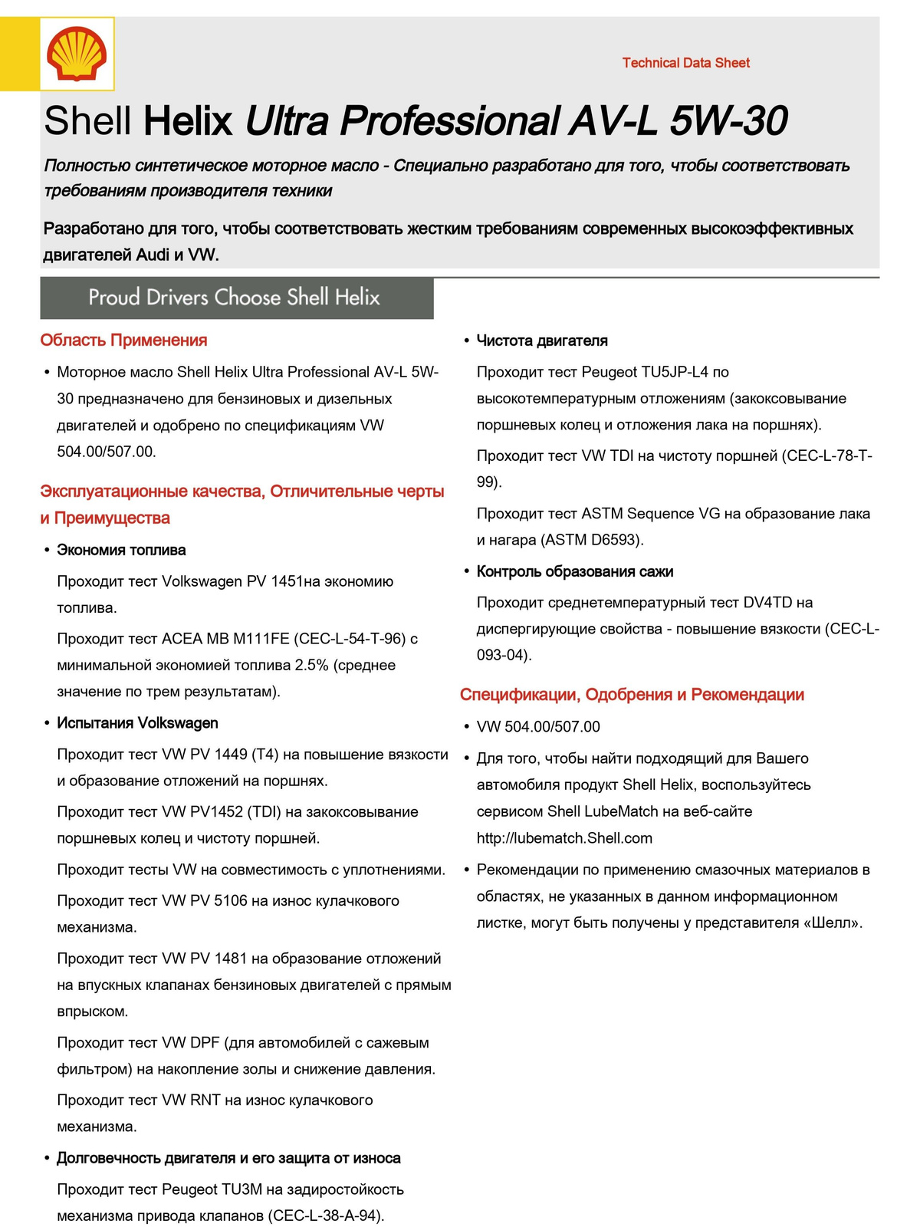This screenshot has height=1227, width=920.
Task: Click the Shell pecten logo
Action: click(77, 54)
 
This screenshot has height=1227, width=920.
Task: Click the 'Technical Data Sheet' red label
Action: click(685, 63)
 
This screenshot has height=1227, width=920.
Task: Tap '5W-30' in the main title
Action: click(728, 121)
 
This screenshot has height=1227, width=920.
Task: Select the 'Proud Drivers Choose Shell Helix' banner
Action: click(236, 298)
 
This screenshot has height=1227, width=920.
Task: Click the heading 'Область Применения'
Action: click(123, 340)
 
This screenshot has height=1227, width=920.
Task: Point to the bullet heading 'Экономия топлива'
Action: click(121, 550)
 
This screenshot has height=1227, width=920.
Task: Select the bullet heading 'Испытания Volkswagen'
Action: click(137, 723)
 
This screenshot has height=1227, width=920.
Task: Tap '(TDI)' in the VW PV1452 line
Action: click(258, 812)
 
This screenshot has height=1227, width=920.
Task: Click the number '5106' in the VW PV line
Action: click(231, 901)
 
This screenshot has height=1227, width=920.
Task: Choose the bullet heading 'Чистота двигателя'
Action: click(542, 340)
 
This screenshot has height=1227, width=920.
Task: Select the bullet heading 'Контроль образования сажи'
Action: click(575, 571)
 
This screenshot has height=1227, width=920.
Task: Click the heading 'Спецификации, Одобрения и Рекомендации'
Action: click(632, 695)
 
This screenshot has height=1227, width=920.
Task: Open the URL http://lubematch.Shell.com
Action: click(564, 838)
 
